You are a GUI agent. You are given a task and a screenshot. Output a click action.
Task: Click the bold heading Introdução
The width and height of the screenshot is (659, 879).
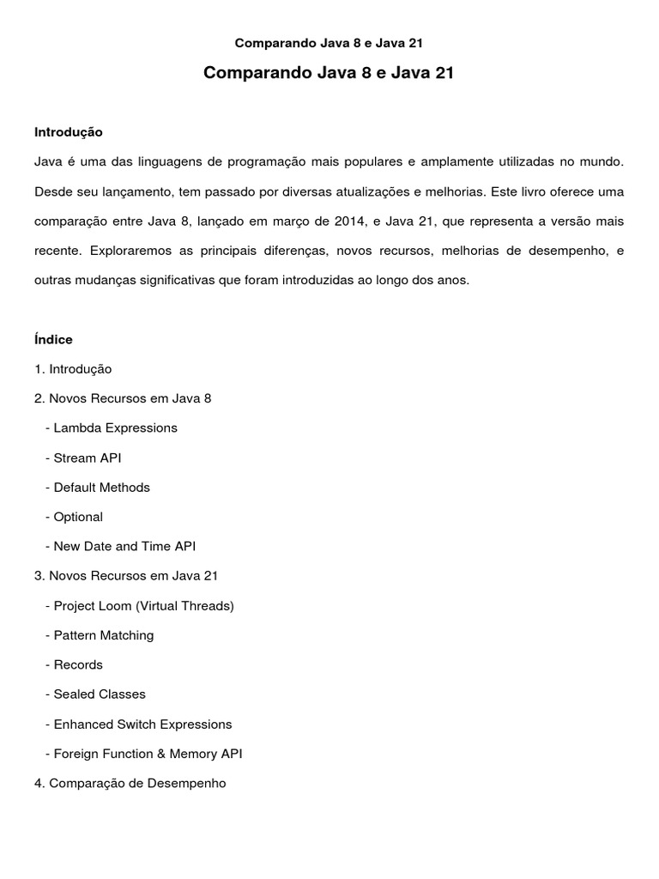(69, 132)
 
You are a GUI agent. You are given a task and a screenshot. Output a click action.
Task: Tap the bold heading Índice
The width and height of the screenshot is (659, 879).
(53, 340)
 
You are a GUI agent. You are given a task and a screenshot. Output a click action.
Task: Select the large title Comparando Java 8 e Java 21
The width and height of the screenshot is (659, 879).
(329, 75)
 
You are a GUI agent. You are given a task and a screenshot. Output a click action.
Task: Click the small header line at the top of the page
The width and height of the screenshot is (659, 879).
(329, 41)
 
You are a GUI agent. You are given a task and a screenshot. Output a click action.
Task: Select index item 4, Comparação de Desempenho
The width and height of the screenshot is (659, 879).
(130, 783)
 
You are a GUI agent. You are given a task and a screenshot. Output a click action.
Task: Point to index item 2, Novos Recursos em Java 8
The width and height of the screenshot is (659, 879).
(123, 398)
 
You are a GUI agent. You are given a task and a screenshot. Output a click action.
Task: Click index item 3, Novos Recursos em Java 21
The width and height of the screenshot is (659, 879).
(126, 575)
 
